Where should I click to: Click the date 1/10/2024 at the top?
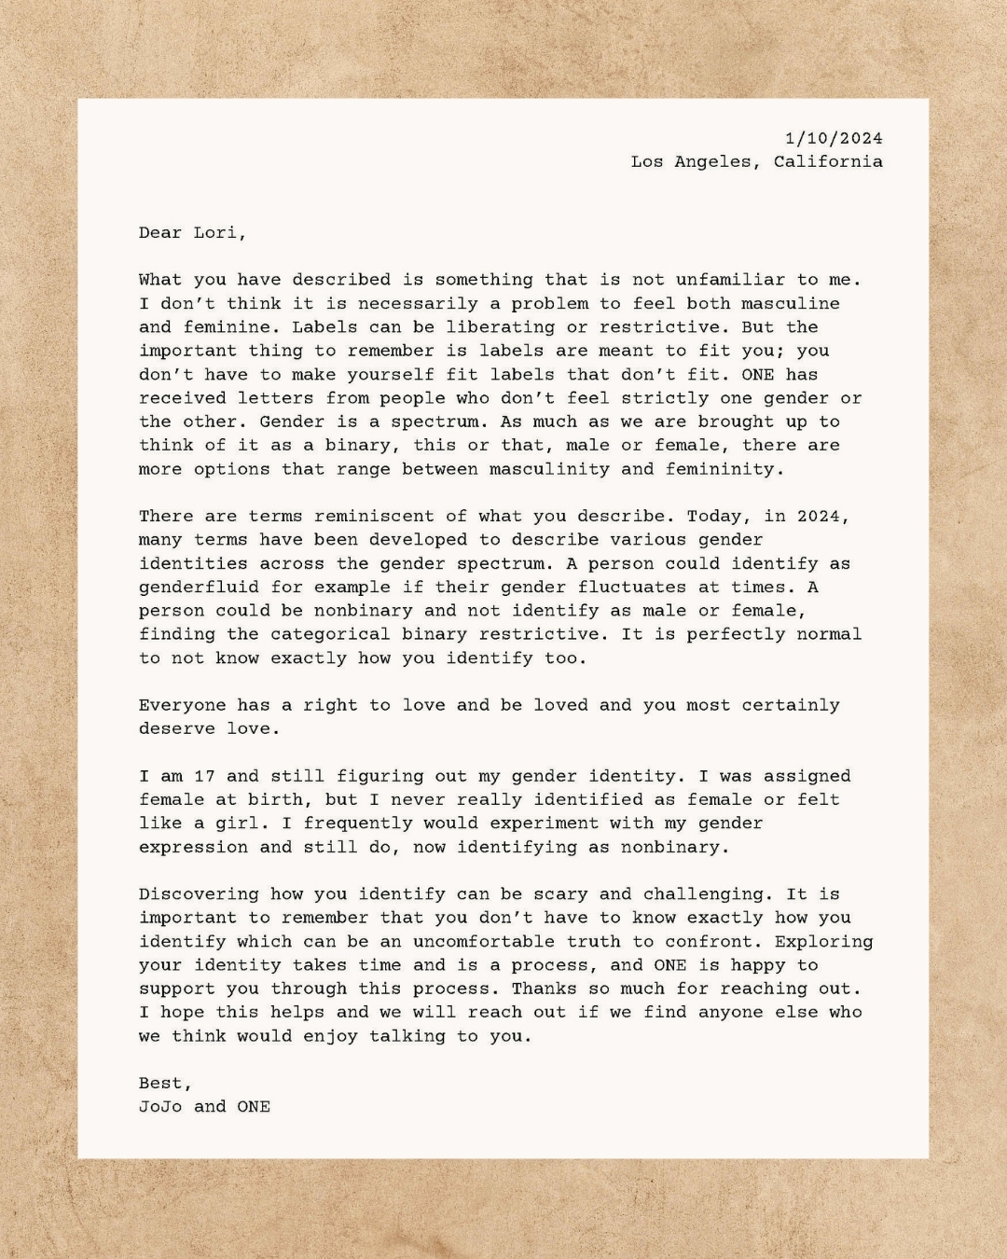[x=834, y=138]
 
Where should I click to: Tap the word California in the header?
[x=828, y=161]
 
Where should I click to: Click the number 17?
[x=204, y=776]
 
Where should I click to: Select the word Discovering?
[x=199, y=893]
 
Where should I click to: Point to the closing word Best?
[x=163, y=1083]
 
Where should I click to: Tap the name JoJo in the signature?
[x=160, y=1106]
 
